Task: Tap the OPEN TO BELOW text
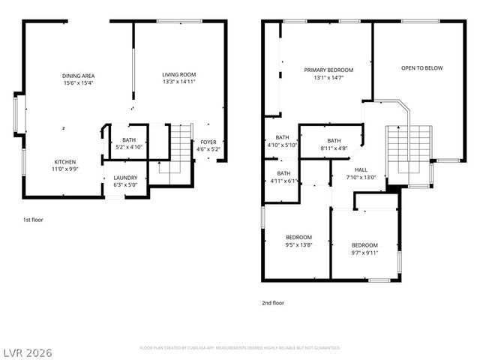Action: coord(421,68)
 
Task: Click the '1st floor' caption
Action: coord(33,220)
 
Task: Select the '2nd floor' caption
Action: coord(273,303)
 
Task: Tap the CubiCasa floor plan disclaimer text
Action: coord(240,348)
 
